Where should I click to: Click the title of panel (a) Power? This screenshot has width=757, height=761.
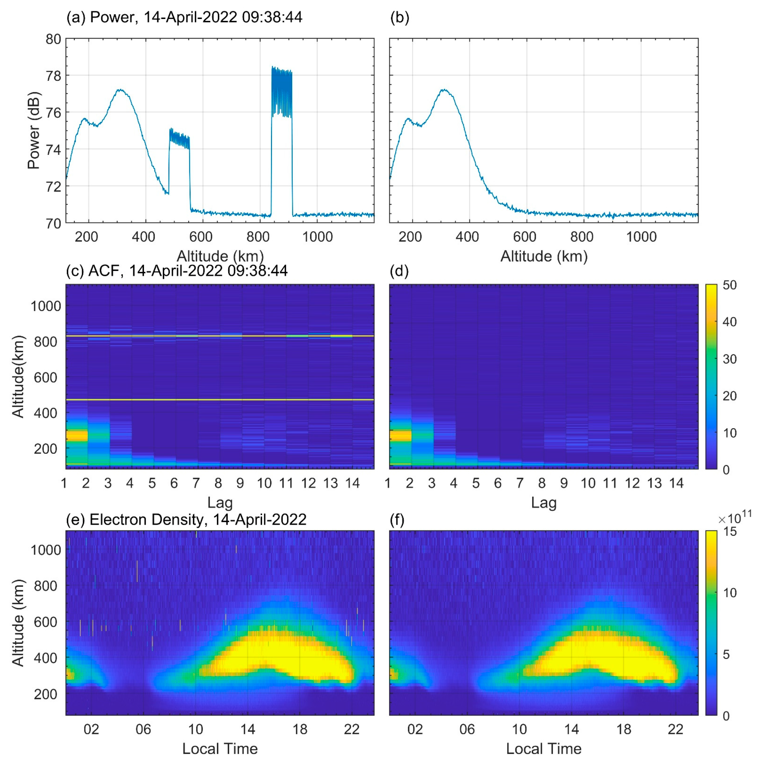[184, 17]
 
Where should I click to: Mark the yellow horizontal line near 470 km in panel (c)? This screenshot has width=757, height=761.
[220, 400]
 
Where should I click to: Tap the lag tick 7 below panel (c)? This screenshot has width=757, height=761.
[196, 483]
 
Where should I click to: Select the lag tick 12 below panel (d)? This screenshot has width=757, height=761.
[632, 483]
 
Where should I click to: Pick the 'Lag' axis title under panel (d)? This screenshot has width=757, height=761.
[543, 503]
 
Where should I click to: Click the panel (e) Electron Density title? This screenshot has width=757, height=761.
[186, 520]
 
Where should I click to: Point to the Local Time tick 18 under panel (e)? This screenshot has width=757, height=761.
[300, 729]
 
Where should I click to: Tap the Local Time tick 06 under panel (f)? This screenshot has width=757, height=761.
[467, 729]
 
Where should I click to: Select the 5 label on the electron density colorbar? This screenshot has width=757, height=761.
[729, 655]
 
